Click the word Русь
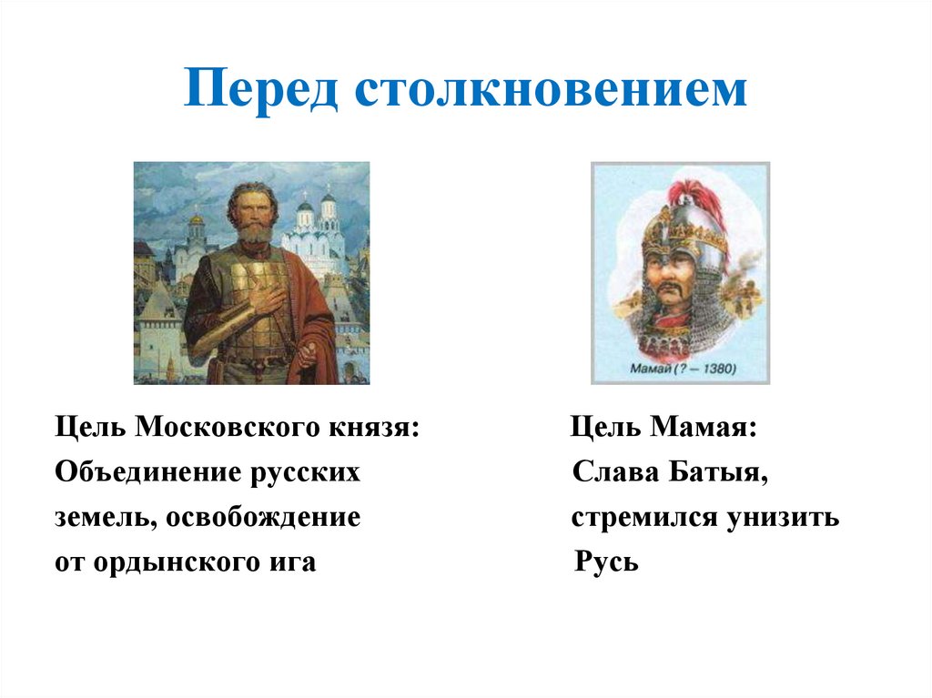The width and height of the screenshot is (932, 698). [x=607, y=562]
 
